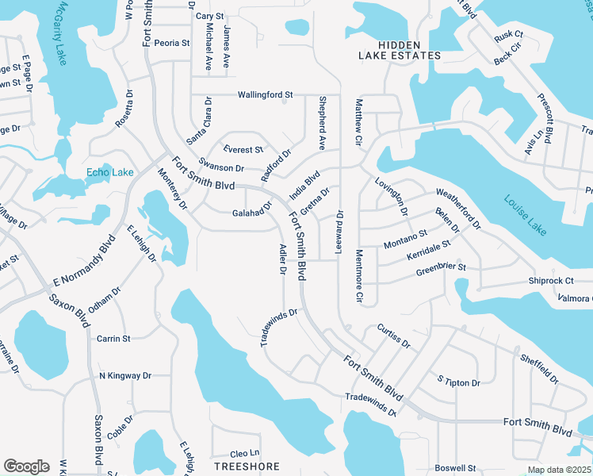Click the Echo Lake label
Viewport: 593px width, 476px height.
[110, 172]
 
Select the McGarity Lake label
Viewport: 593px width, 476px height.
[59, 34]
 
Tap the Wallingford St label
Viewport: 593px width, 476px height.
[266, 94]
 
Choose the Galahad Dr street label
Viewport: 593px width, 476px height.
[252, 212]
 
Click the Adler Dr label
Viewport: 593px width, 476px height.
[282, 259]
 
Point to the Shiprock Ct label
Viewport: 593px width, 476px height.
[551, 281]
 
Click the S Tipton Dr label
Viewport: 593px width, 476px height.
[459, 382]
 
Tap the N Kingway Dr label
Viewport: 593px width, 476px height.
[124, 375]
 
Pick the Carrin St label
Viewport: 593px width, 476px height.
[113, 339]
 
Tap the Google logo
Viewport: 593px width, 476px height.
[26, 466]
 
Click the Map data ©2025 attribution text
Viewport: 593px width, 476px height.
[559, 470]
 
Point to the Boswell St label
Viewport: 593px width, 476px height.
[455, 468]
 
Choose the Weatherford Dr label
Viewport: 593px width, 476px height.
[458, 205]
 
